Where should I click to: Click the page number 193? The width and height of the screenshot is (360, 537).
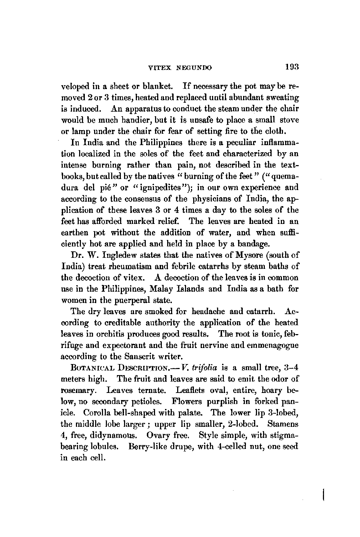tap(291, 67)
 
